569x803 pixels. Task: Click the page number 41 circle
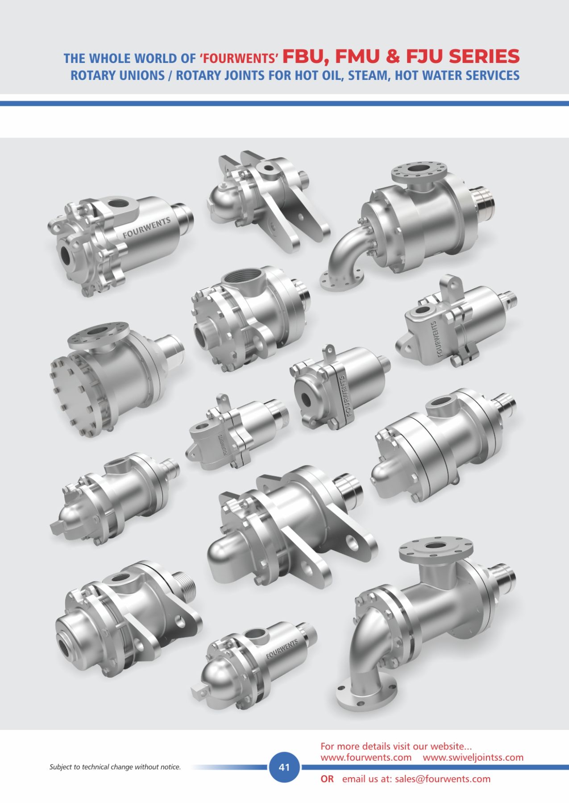click(x=284, y=767)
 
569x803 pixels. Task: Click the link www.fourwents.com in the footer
click(x=366, y=757)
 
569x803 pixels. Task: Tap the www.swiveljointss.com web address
click(x=473, y=757)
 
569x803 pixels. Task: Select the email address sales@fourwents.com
click(x=443, y=779)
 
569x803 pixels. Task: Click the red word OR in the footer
click(x=327, y=779)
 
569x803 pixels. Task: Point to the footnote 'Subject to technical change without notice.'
click(x=115, y=767)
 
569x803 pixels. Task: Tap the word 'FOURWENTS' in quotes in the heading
click(x=239, y=58)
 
